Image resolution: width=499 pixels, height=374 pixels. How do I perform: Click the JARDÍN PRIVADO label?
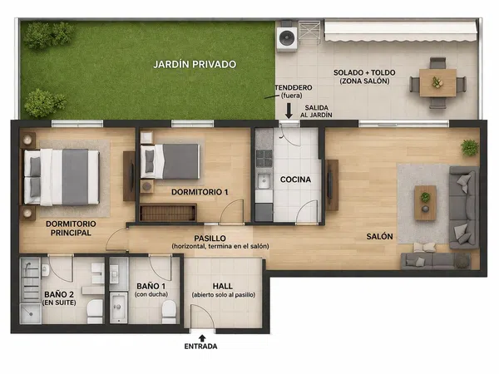[195, 64]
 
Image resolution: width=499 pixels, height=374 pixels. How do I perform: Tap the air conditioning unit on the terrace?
[287, 38]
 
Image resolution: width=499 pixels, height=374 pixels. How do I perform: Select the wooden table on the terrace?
[437, 82]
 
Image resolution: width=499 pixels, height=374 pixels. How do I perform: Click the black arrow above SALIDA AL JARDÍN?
[289, 111]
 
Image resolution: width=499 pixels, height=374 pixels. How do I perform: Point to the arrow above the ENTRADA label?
[202, 338]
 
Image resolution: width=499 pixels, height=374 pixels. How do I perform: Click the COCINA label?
[295, 180]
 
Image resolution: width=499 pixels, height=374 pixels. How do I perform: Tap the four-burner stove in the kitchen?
[264, 158]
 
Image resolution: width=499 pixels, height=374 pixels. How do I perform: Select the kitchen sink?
[264, 181]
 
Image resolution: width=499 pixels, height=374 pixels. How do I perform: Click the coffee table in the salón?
[426, 203]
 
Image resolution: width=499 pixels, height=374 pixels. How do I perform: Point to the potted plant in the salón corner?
[470, 148]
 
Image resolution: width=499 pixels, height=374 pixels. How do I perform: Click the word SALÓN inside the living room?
[379, 237]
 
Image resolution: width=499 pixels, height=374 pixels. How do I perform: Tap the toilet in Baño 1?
[169, 312]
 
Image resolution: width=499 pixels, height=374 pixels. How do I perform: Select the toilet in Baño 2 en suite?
[95, 312]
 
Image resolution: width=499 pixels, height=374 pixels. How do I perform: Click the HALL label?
[223, 286]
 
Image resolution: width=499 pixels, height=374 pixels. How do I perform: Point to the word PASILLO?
[210, 239]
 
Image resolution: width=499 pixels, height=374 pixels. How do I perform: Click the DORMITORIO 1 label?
[200, 192]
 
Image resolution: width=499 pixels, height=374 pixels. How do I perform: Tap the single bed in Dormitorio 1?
[170, 161]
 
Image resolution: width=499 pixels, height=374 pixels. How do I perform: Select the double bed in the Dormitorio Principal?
[62, 177]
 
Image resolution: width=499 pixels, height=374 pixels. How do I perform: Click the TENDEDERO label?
[294, 87]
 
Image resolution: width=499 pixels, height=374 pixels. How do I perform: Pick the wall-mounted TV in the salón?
[330, 185]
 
